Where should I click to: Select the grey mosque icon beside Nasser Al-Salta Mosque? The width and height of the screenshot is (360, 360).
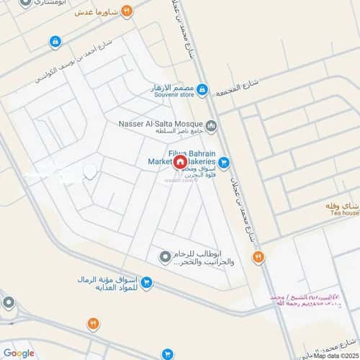pyautogui.click(x=211, y=125)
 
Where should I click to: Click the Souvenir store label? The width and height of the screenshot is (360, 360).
pyautogui.click(x=176, y=94)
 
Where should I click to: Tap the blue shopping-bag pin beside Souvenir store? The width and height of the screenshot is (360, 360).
pyautogui.click(x=202, y=90)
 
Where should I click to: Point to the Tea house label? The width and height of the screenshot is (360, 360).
pyautogui.click(x=340, y=213)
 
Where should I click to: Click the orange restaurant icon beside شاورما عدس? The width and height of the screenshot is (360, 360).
pyautogui.click(x=127, y=11)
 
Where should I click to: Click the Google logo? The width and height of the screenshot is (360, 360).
pyautogui.click(x=19, y=353)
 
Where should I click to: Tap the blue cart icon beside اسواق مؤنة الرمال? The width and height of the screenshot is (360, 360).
pyautogui.click(x=146, y=283)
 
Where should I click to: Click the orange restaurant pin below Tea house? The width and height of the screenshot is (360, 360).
pyautogui.click(x=258, y=256)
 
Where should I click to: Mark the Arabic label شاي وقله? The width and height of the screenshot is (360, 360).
pyautogui.click(x=341, y=204)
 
